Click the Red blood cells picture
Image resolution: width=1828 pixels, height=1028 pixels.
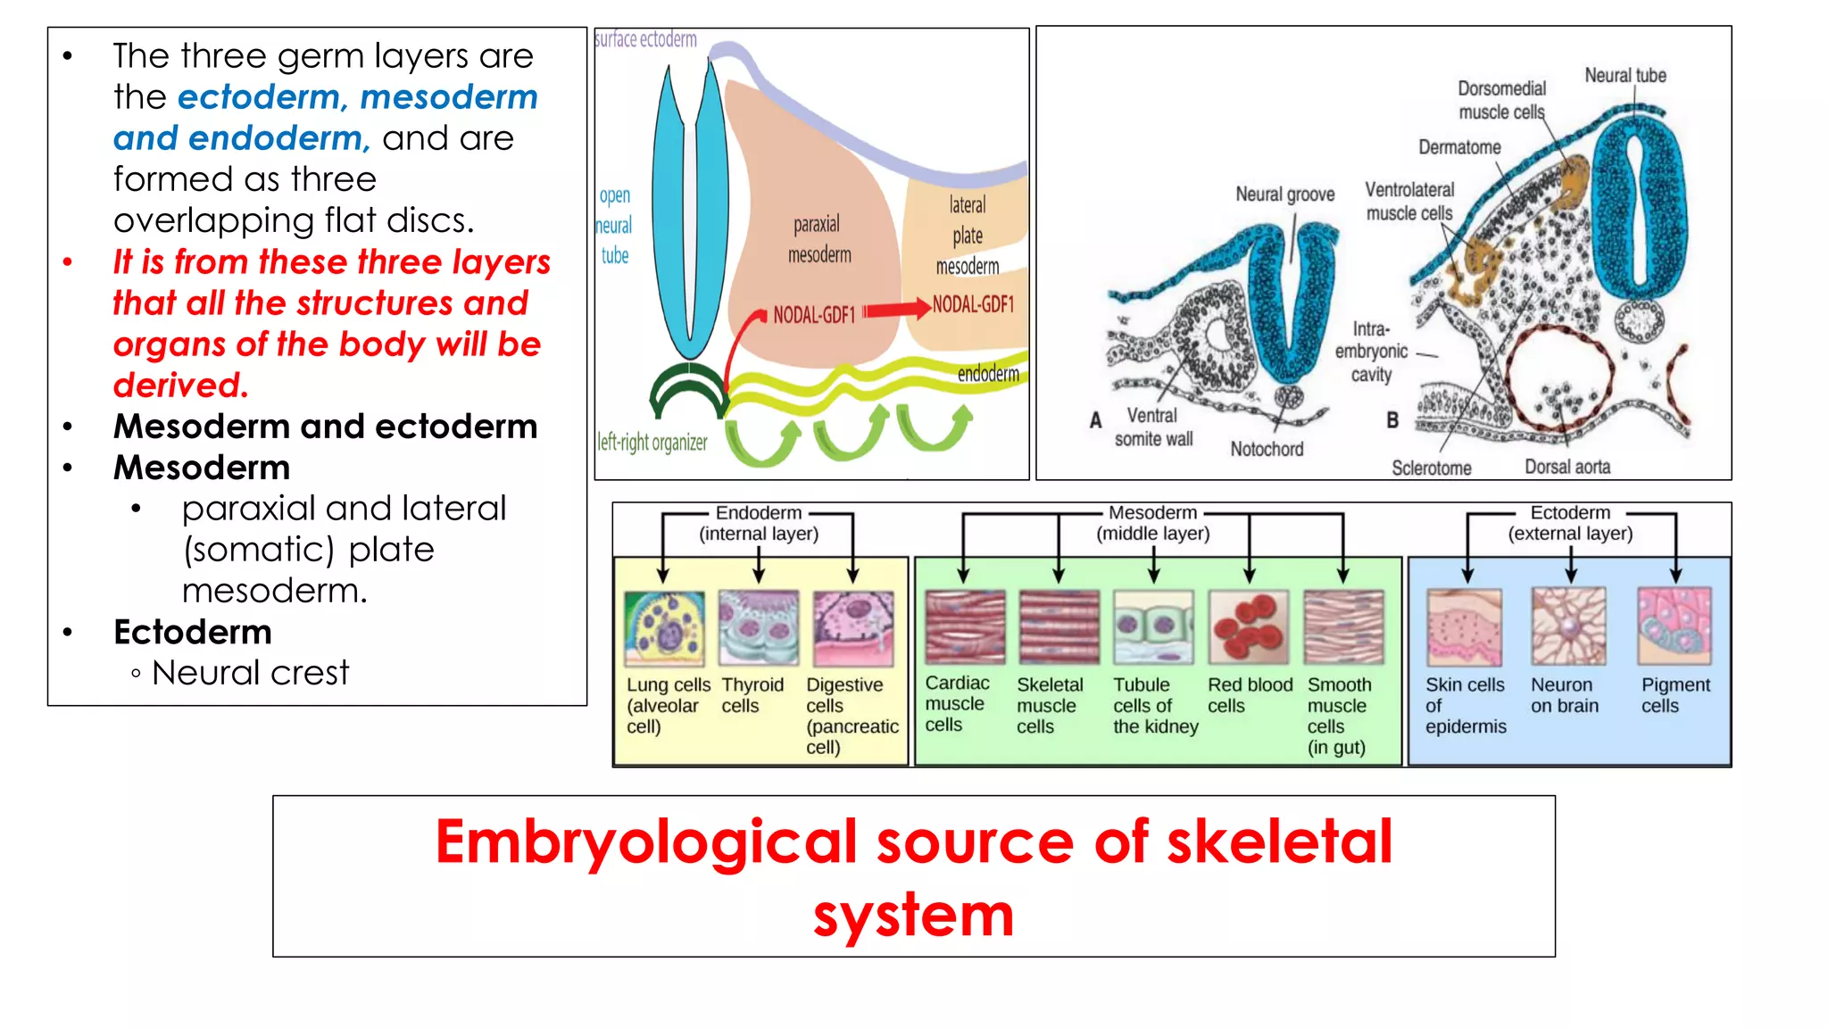(x=1248, y=626)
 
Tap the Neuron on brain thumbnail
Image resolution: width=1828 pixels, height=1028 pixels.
(x=1568, y=626)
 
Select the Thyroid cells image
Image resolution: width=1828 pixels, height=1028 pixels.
(x=758, y=627)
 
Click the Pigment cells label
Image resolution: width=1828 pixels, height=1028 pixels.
(x=1674, y=695)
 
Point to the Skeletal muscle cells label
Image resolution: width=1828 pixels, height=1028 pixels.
(x=1049, y=705)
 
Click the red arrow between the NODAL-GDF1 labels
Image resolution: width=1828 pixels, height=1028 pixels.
(x=896, y=310)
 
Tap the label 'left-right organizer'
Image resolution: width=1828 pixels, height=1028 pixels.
(x=652, y=443)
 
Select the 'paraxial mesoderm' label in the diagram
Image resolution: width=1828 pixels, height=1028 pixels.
(x=818, y=239)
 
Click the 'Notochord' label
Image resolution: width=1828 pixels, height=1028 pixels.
(x=1266, y=449)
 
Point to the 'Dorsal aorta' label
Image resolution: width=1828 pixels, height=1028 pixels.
(x=1566, y=467)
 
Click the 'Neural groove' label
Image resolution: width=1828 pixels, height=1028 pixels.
(x=1284, y=195)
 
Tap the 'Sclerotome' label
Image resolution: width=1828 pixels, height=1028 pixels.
(x=1431, y=468)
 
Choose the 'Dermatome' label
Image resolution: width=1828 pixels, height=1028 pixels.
(x=1459, y=147)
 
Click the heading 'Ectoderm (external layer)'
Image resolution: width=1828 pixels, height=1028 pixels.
(x=1569, y=523)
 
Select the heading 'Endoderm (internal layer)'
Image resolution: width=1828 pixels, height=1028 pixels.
(x=758, y=523)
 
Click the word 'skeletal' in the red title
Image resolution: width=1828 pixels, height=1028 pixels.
(x=1278, y=841)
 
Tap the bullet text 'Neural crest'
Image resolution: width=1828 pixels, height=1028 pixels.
(x=250, y=673)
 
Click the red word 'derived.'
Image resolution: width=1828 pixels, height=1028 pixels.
(x=180, y=385)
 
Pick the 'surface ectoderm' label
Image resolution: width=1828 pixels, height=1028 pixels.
(x=645, y=39)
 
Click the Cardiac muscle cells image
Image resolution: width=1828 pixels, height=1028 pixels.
(x=965, y=626)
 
